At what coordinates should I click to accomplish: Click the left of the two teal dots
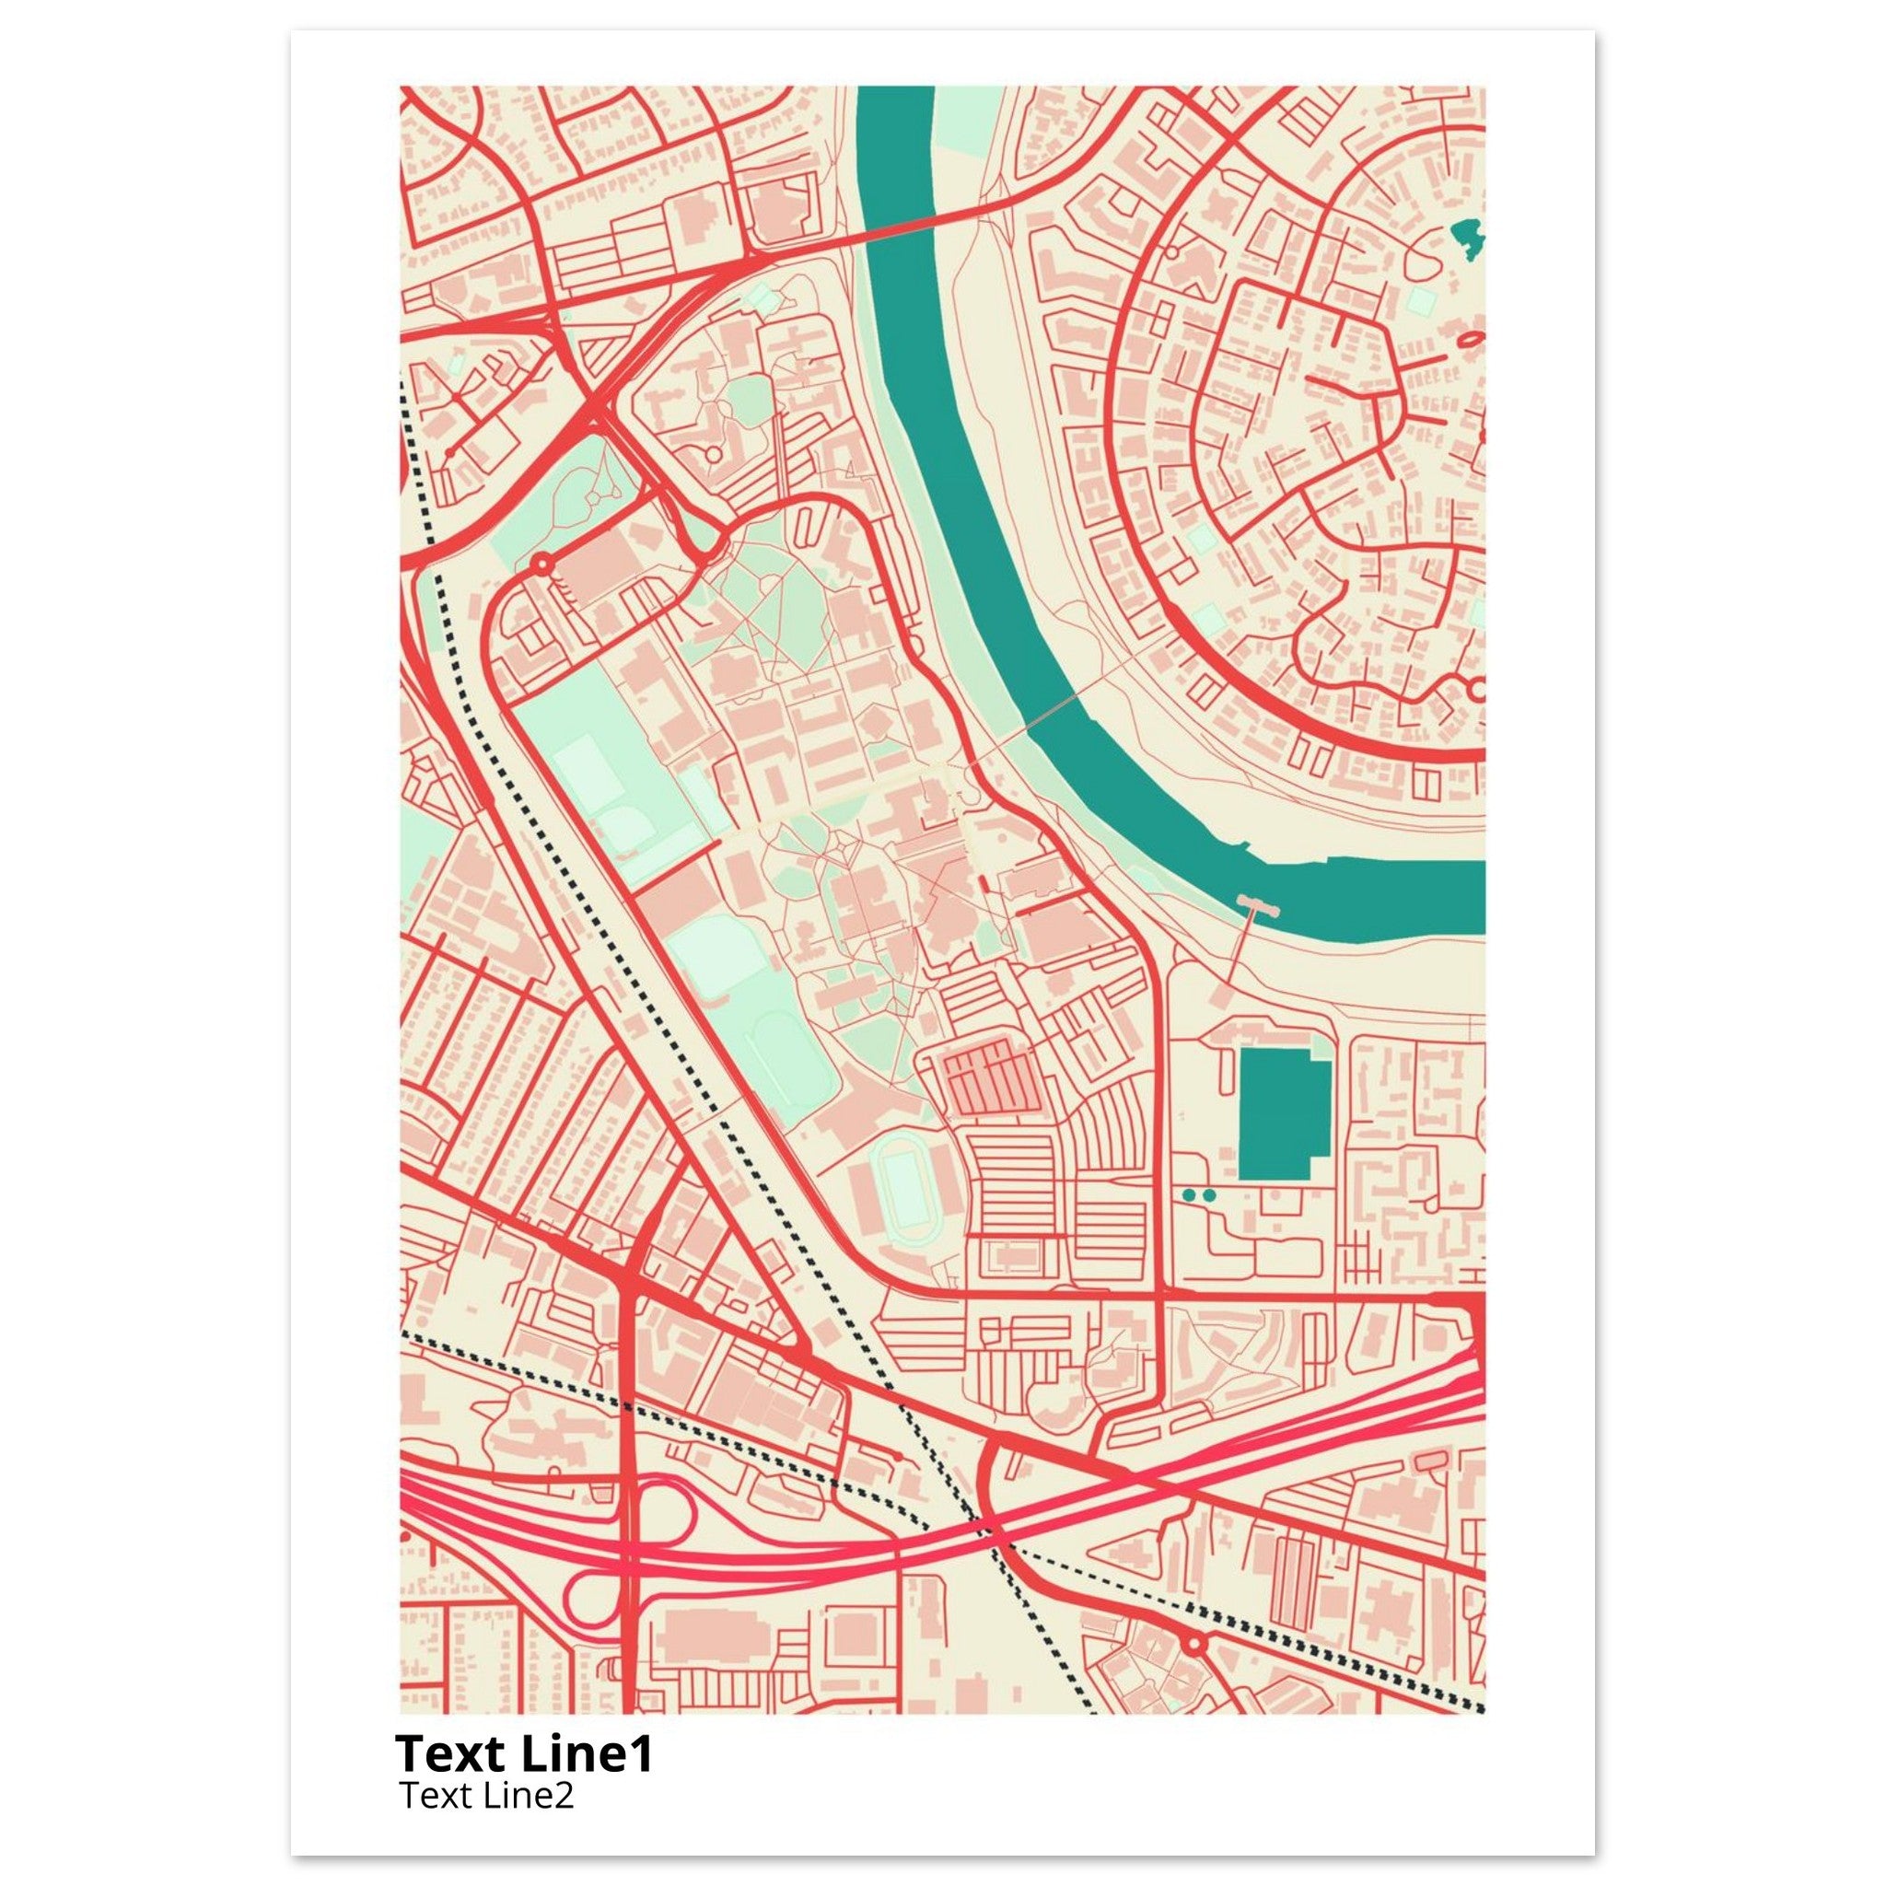[1188, 1193]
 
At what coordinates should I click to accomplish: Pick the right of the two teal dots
[1209, 1193]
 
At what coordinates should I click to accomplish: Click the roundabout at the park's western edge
[541, 564]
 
